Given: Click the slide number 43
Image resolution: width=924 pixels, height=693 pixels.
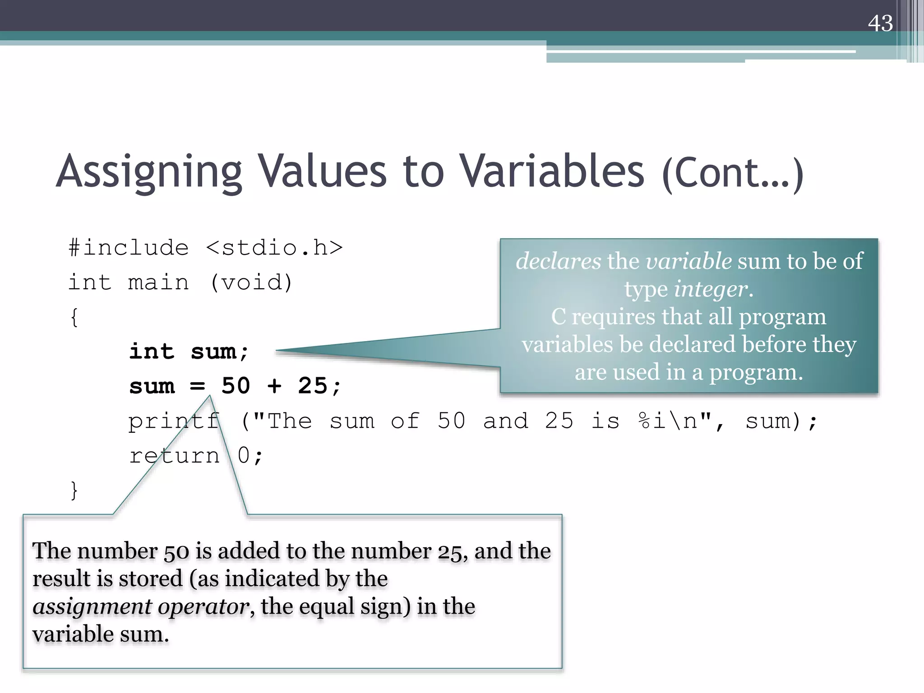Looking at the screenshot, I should [880, 23].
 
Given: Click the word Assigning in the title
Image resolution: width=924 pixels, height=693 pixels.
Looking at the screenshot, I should [149, 172].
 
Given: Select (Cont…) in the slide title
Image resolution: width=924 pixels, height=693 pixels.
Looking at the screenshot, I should [732, 174].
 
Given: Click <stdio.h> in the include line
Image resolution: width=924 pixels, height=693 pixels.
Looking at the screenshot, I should [274, 248].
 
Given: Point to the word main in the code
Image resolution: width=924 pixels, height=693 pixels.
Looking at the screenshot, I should [158, 283].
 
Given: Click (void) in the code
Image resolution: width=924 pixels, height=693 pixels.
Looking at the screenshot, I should [251, 283].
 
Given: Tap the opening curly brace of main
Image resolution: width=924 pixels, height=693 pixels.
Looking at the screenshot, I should [74, 317].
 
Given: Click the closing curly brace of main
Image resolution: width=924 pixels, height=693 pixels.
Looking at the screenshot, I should [74, 490].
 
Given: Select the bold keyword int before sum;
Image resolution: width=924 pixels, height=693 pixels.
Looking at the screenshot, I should [152, 351].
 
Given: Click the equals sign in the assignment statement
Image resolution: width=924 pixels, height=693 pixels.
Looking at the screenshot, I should [197, 386].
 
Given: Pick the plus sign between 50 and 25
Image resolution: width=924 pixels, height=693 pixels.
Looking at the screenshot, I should [274, 386].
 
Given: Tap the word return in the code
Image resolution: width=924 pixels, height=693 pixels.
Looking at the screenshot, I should [174, 456].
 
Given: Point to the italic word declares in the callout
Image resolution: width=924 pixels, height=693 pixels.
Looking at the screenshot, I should [558, 261].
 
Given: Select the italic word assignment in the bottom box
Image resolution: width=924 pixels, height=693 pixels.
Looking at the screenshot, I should [92, 607].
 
